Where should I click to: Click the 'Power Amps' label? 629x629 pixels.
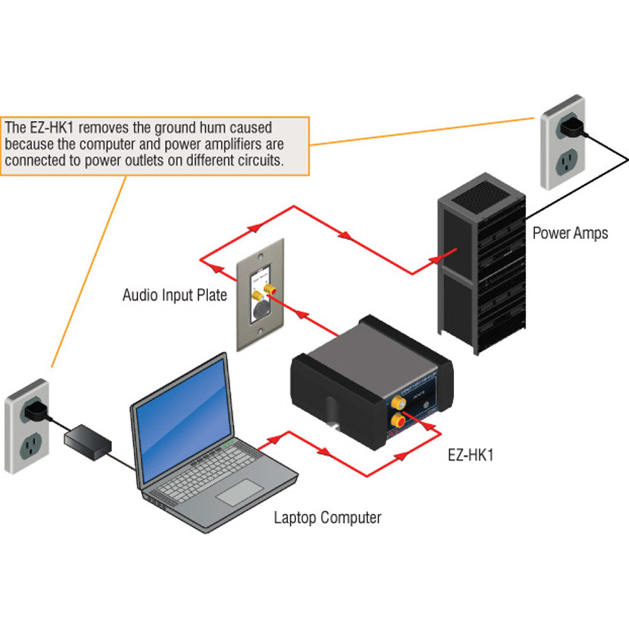tap(570, 233)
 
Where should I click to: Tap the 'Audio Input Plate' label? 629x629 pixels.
tap(174, 294)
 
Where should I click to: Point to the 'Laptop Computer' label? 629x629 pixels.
tap(327, 518)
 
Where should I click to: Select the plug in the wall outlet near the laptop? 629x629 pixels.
tap(35, 410)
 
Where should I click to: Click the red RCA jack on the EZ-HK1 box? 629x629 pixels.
tap(398, 419)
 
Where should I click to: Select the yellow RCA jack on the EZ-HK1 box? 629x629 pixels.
tap(398, 400)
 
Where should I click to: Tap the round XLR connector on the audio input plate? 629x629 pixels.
tap(260, 313)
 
